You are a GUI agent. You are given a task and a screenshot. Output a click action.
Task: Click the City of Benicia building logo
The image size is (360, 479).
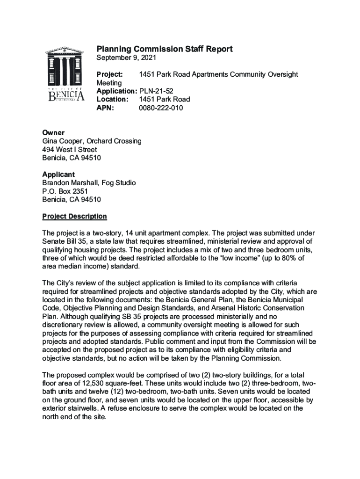(66, 75)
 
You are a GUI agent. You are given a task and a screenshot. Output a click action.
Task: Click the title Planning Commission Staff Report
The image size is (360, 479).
(164, 49)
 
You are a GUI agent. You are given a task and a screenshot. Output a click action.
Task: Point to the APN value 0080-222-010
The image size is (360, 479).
(161, 108)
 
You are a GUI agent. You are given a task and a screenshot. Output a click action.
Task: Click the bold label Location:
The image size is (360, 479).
(112, 100)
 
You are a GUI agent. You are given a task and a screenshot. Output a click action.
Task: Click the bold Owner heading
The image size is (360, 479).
(53, 133)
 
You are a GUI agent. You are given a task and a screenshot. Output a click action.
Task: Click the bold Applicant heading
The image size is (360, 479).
(58, 174)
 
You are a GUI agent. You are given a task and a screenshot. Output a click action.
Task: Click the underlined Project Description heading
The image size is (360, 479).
(74, 217)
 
